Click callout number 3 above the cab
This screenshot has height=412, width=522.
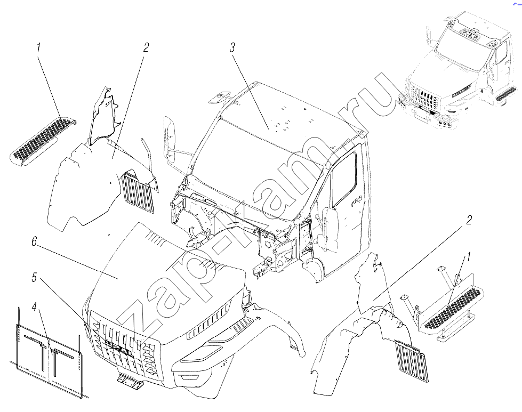click(232, 47)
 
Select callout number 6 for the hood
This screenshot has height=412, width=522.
click(34, 241)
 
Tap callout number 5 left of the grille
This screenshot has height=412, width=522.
click(34, 277)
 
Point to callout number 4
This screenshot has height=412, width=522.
click(34, 307)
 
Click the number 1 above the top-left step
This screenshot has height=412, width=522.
click(38, 47)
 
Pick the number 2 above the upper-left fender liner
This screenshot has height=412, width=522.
click(146, 47)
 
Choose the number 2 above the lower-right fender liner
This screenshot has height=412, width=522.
click(469, 220)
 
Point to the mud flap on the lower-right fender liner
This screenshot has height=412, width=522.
click(412, 361)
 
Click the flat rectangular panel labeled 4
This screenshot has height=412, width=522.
click(49, 360)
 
